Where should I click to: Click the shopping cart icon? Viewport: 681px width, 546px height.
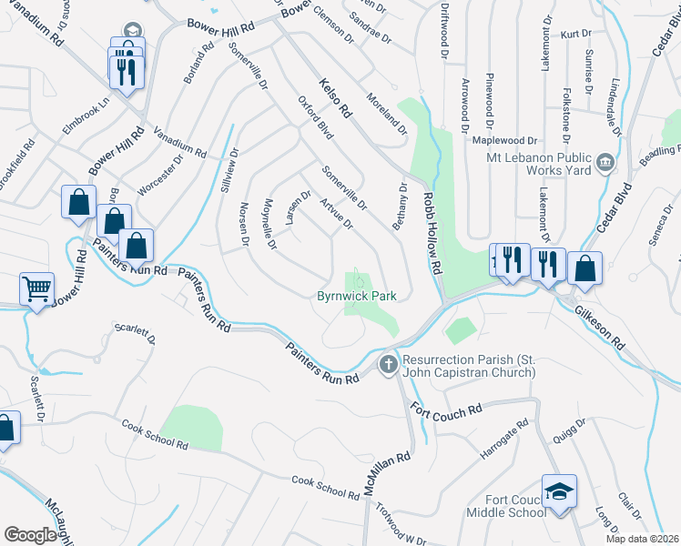(x=36, y=290)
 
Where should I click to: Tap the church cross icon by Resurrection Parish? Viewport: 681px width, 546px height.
(x=388, y=365)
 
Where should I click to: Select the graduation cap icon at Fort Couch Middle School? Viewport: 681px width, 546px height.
(x=559, y=492)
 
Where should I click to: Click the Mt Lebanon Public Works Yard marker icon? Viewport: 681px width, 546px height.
(x=605, y=164)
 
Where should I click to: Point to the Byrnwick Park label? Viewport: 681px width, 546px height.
(x=357, y=296)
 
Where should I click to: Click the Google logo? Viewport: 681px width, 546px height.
(x=30, y=535)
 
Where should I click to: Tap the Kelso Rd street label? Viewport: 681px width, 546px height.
(x=335, y=99)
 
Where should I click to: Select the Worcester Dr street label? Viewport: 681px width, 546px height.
(x=160, y=173)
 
